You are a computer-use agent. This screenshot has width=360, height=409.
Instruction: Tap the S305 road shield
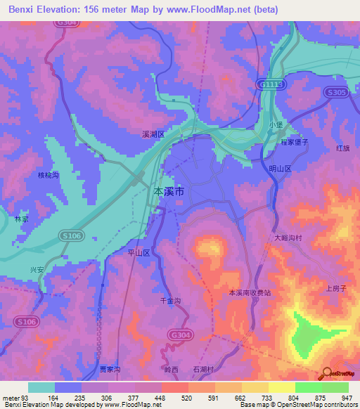pyautogui.click(x=336, y=92)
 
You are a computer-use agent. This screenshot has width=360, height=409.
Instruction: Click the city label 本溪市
pyautogui.click(x=170, y=190)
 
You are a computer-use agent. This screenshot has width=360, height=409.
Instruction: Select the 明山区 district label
pyautogui.click(x=281, y=169)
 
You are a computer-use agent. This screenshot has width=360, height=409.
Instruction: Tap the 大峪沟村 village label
pyautogui.click(x=288, y=238)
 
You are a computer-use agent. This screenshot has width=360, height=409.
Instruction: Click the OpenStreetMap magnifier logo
pyautogui.click(x=326, y=374)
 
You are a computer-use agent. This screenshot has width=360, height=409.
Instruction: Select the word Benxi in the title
pyautogui.click(x=25, y=10)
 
